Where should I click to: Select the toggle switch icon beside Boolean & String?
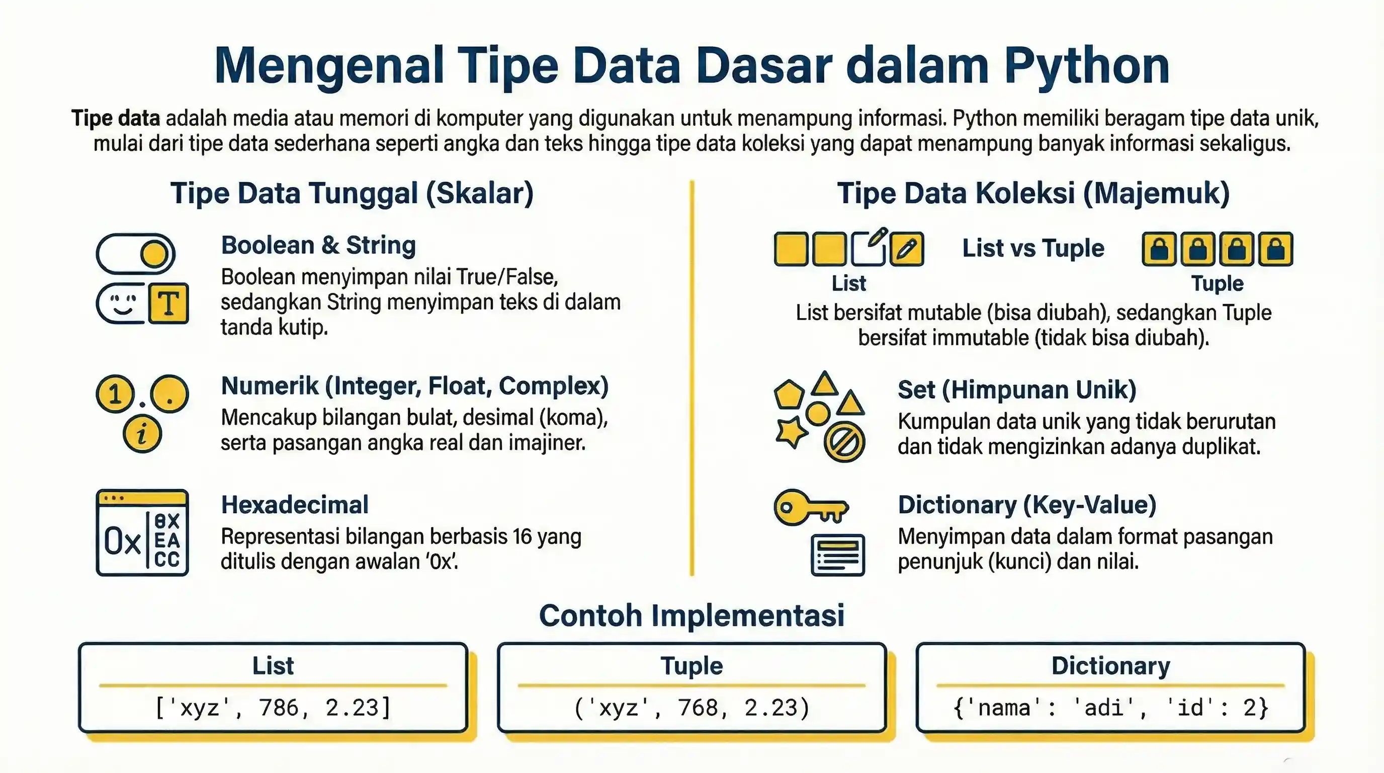point(135,253)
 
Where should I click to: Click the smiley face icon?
point(123,304)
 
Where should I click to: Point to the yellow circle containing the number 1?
point(115,394)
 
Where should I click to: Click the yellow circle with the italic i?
point(142,433)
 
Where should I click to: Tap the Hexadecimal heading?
point(294,505)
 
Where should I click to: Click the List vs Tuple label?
point(1032,248)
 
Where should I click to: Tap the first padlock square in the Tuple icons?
point(1159,250)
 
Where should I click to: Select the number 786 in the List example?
point(278,708)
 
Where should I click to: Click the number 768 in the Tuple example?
point(698,708)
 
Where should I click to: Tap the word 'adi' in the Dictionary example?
point(1104,708)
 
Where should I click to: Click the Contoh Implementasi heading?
point(691,615)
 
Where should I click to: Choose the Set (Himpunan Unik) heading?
point(1016,390)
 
